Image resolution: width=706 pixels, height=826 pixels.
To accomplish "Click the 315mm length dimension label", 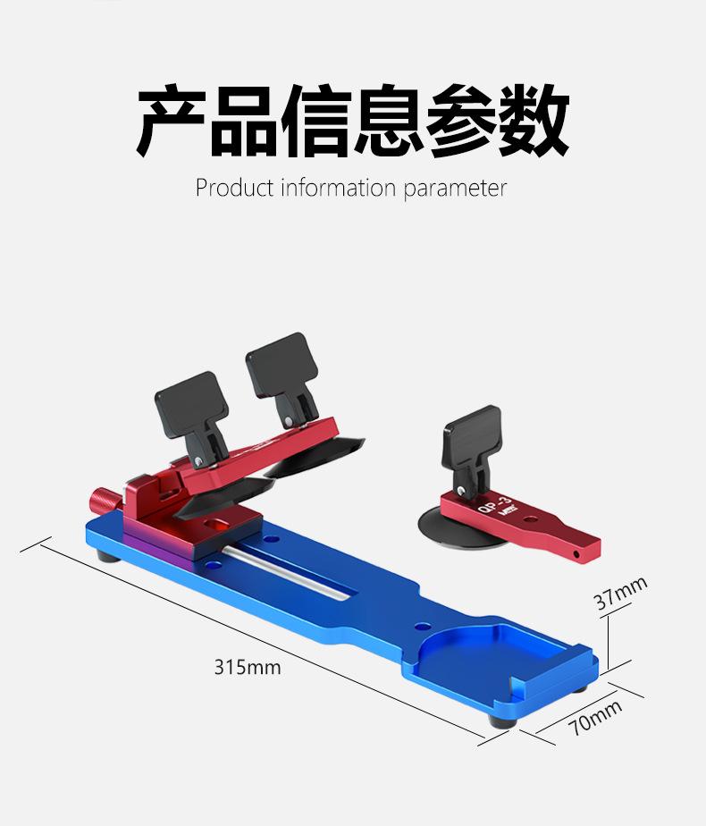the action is tap(247, 667).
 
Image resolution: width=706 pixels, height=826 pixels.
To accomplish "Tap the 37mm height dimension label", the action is tap(620, 594).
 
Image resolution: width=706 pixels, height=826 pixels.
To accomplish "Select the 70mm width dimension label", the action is tap(596, 717).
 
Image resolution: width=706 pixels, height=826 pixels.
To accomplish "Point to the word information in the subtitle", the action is tap(338, 188).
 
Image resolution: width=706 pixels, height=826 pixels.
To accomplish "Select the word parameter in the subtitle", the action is tap(455, 190).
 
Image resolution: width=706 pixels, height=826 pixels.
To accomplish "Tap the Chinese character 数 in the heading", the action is tap(534, 121).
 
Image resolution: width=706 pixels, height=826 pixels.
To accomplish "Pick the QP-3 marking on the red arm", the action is tap(492, 510).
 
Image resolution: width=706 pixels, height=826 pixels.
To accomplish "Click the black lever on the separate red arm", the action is tap(474, 438).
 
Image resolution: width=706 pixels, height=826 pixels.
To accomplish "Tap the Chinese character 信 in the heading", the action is tap(316, 121).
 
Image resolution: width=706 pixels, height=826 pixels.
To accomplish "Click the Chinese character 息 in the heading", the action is tap(389, 121).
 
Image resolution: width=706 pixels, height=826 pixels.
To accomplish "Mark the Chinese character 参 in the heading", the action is tap(461, 121).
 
